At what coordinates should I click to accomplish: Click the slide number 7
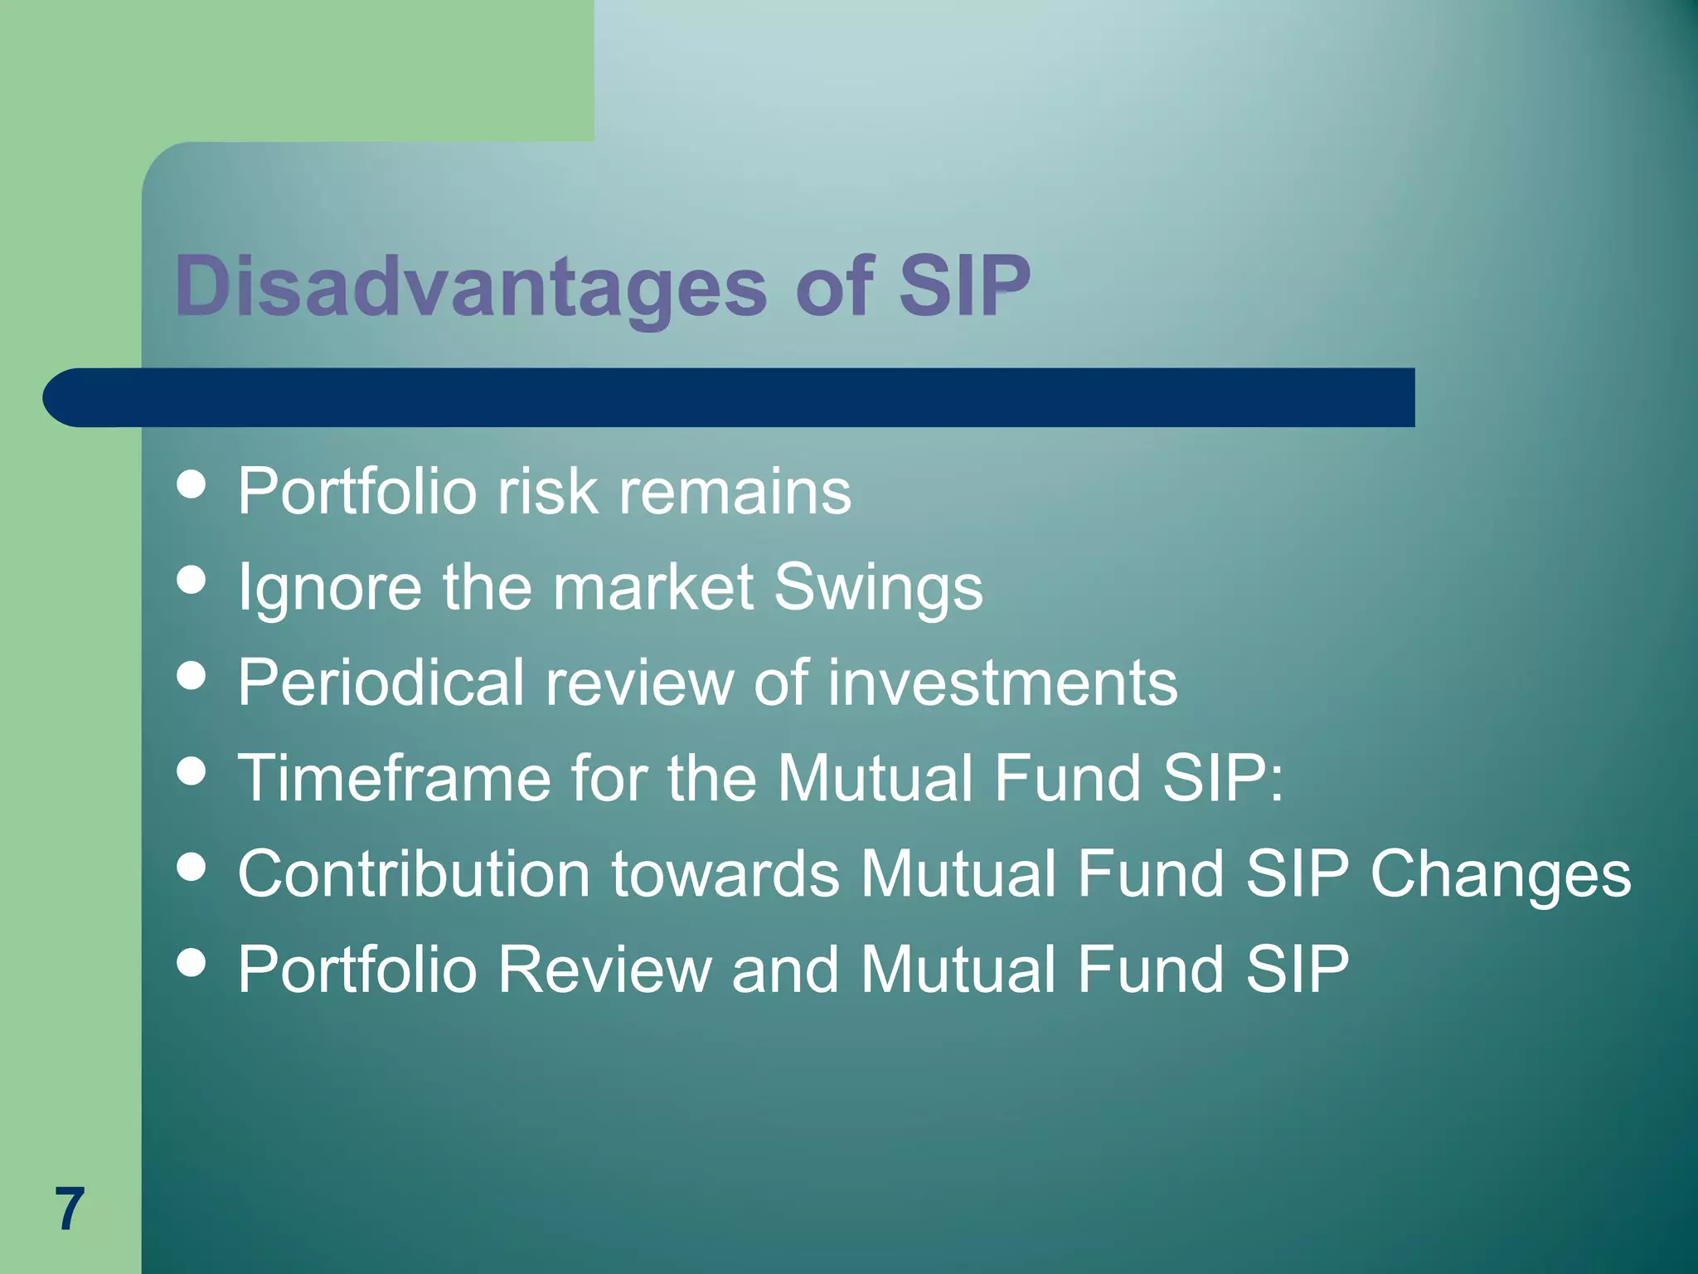70,1209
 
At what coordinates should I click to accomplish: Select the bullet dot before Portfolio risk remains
192,485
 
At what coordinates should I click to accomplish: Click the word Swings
878,587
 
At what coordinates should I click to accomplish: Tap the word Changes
1501,875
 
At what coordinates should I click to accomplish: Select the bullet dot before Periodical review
192,676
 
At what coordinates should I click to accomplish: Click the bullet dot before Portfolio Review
192,963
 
